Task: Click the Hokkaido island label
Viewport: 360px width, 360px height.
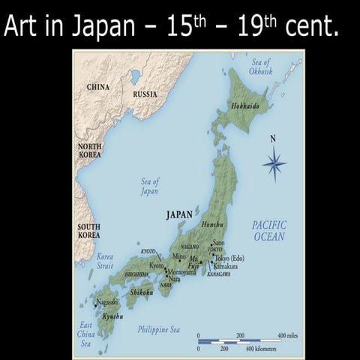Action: [x=245, y=106]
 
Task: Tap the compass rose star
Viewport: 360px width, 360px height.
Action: [x=274, y=163]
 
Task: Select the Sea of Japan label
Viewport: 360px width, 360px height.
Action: [x=149, y=186]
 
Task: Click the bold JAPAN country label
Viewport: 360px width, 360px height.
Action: [x=179, y=214]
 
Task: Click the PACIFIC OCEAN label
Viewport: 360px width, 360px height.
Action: [x=268, y=230]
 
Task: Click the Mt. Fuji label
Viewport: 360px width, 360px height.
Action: [x=198, y=261]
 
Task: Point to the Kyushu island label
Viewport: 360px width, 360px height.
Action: [x=112, y=316]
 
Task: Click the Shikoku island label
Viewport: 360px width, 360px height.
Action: [x=141, y=292]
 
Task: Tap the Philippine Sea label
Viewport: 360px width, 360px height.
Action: [x=159, y=329]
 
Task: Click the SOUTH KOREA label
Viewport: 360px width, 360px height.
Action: [x=88, y=230]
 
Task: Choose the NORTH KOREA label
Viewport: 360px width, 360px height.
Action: [x=90, y=149]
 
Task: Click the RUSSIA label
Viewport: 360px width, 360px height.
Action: [x=145, y=94]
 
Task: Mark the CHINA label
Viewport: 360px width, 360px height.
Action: [x=97, y=87]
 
